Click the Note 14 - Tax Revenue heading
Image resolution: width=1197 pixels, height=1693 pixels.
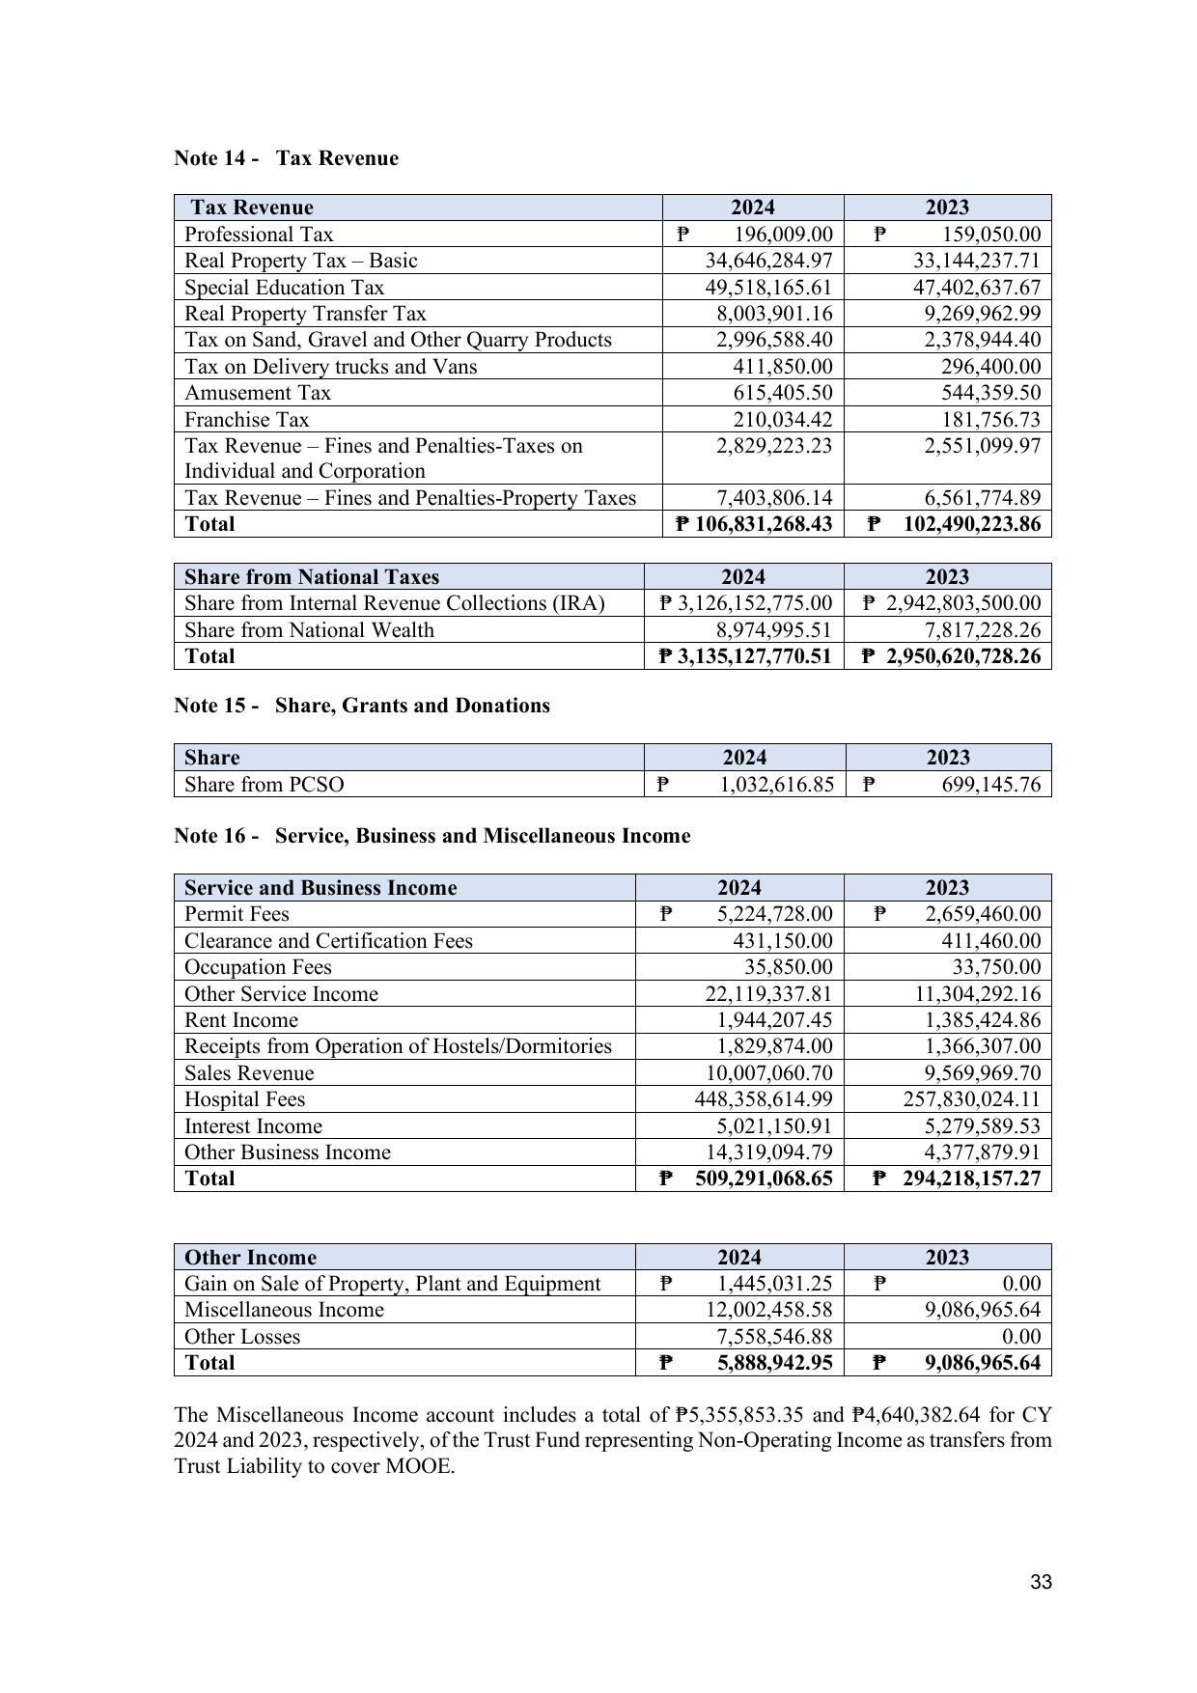(286, 158)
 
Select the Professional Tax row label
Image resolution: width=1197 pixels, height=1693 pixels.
(259, 235)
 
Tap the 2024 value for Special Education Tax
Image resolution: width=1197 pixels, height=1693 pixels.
(768, 288)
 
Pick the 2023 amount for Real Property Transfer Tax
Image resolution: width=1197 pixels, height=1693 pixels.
(977, 314)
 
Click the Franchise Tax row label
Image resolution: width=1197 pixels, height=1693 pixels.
(247, 420)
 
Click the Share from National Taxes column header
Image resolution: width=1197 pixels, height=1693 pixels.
(312, 577)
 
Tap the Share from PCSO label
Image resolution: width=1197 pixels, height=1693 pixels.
(264, 784)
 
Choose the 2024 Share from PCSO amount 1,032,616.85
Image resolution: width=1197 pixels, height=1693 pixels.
(776, 784)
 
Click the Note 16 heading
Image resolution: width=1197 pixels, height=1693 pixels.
(431, 836)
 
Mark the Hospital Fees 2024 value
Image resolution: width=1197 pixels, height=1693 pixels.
(764, 1099)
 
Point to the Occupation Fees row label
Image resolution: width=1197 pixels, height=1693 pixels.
(258, 967)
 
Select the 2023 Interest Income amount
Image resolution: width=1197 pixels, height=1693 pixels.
(977, 1126)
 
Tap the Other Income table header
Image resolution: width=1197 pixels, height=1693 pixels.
(250, 1258)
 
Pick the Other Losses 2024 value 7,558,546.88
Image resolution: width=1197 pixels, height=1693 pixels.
(768, 1337)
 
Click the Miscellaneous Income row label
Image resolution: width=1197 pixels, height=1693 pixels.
(284, 1310)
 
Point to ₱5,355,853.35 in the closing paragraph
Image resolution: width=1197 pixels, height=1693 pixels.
(746, 1415)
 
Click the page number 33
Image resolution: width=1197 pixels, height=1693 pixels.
(1041, 1582)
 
